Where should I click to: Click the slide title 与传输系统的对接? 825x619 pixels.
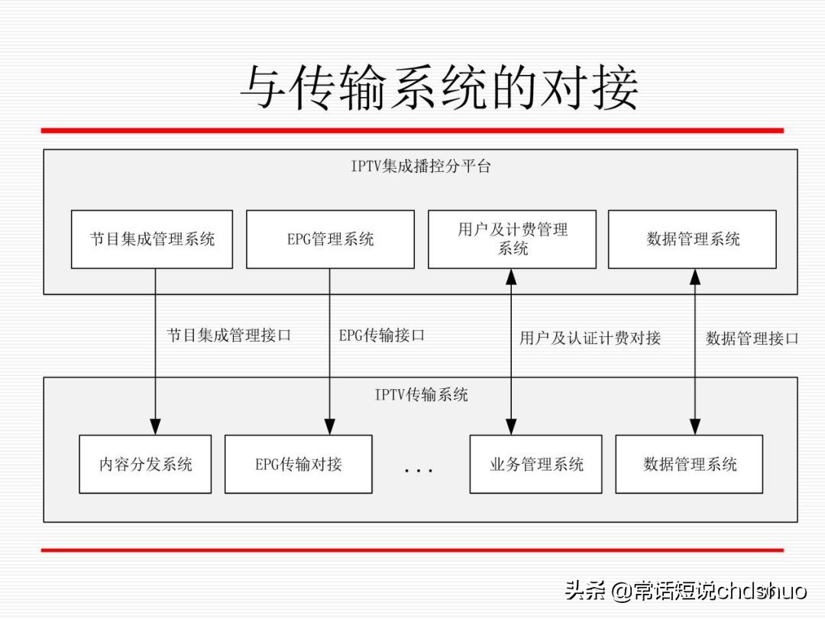[x=439, y=86]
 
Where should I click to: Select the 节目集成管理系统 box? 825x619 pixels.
[x=152, y=239]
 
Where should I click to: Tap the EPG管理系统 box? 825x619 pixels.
[x=330, y=239]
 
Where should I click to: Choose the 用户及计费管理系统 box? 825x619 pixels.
[x=512, y=239]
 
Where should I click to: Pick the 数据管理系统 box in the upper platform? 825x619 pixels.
[x=692, y=239]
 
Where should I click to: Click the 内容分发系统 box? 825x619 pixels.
[x=145, y=464]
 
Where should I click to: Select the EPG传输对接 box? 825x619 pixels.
[x=299, y=464]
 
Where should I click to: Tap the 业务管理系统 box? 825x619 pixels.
[x=535, y=464]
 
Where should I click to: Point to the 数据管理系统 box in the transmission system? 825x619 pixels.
[x=689, y=464]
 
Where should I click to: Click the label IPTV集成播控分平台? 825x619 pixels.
[x=421, y=166]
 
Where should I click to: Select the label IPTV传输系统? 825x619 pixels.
[x=421, y=394]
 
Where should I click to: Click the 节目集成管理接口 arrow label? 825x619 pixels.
[x=229, y=335]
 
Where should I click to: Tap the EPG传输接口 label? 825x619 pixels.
[x=382, y=335]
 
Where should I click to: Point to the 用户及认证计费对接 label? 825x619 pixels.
[x=590, y=338]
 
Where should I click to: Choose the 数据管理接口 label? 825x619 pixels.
[x=752, y=338]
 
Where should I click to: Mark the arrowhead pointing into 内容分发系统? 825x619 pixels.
[x=155, y=428]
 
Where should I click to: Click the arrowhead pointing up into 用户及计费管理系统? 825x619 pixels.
[x=511, y=277]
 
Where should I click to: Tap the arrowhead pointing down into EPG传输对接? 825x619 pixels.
[x=330, y=428]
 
